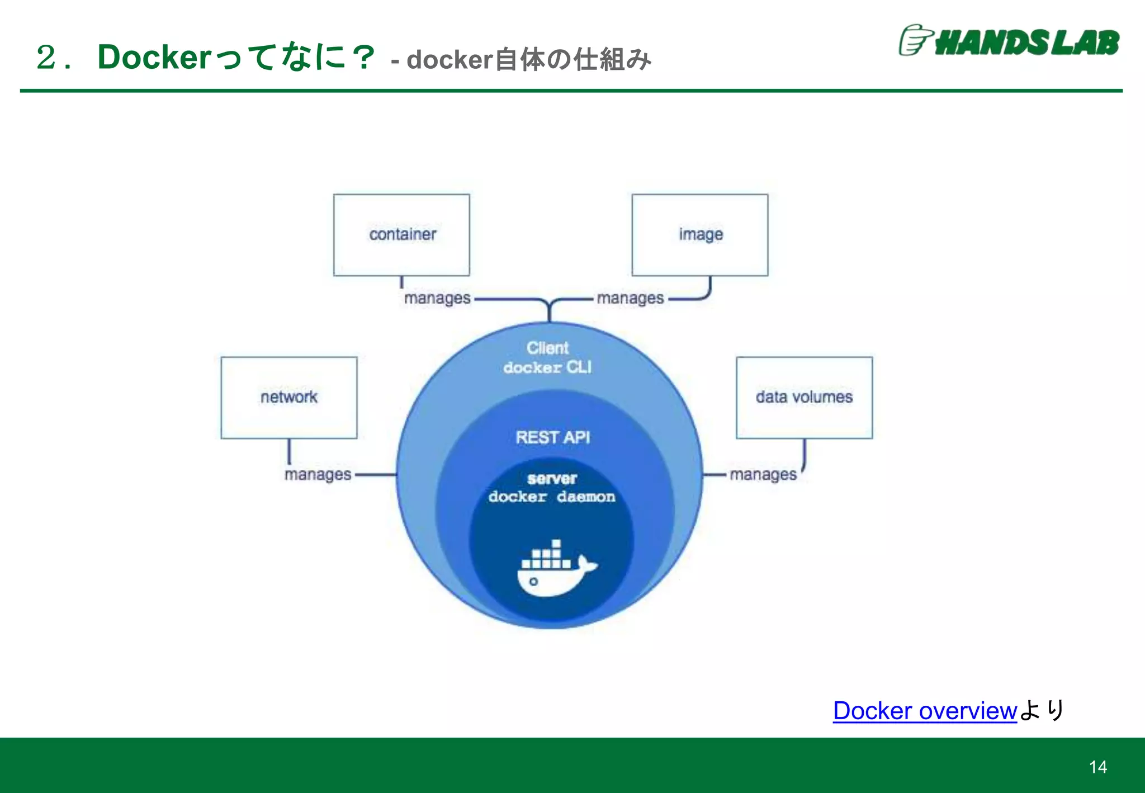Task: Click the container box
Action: pos(401,235)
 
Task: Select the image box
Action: pos(700,235)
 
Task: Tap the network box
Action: pos(288,397)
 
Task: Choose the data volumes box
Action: pos(804,397)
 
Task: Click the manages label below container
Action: pos(437,299)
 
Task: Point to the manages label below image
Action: pos(630,299)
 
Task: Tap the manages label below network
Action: pos(318,475)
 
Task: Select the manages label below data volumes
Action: pos(763,475)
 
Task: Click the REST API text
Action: pos(552,437)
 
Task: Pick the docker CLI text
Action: pos(547,367)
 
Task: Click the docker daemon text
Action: pos(551,497)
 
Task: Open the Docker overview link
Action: pos(924,711)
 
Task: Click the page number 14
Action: pos(1097,767)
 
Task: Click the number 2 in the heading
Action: pos(46,58)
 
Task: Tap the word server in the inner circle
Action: pos(552,479)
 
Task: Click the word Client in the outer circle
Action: pos(547,348)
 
